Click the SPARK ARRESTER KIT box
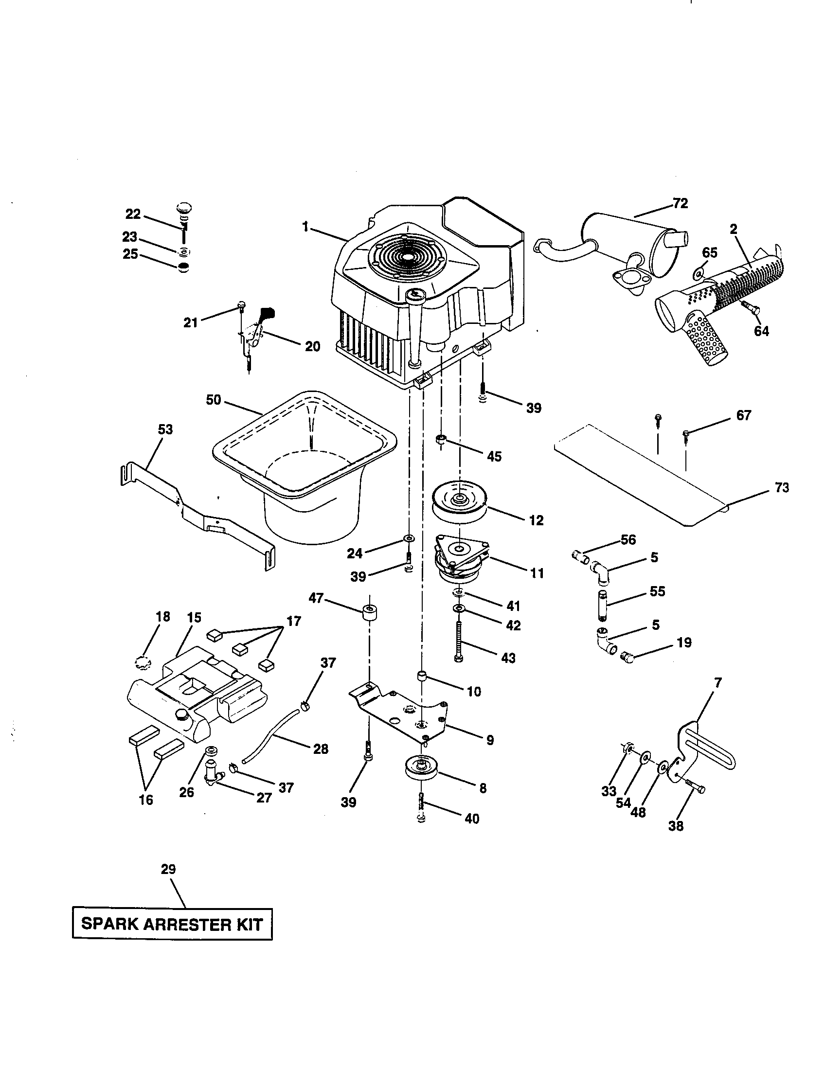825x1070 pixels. [x=172, y=924]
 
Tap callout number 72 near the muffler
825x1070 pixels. [x=680, y=203]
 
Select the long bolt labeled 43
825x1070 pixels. [x=459, y=642]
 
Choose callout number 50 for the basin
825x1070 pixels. [x=214, y=400]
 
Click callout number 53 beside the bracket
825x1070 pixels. [x=165, y=429]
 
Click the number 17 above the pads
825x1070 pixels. [x=293, y=621]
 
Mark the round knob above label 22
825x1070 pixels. [x=183, y=208]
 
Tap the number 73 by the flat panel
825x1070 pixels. [x=782, y=487]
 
